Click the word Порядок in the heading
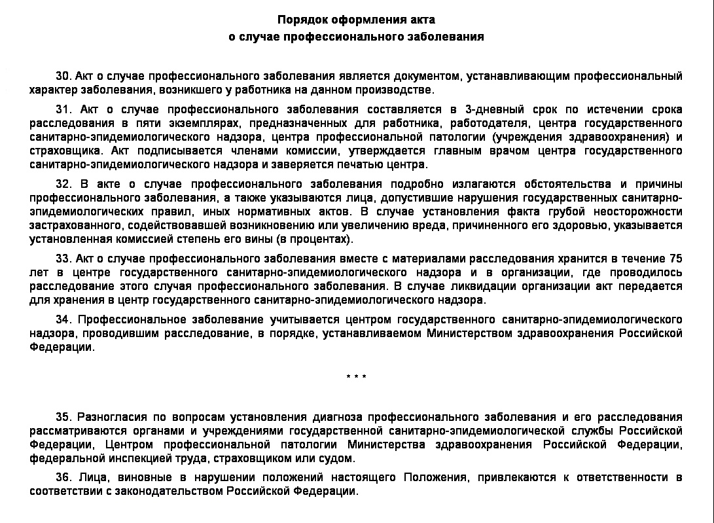pos(299,20)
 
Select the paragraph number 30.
pos(63,77)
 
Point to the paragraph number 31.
pos(63,109)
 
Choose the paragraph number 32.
pos(63,184)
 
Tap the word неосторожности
pos(638,211)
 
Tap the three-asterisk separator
pos(356,377)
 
